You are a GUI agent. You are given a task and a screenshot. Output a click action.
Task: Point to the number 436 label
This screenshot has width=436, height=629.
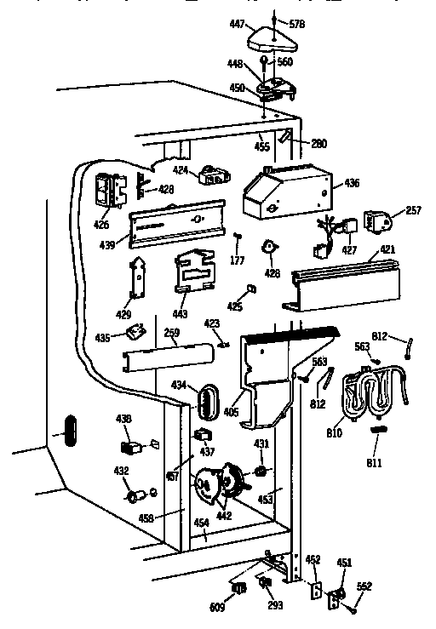[x=352, y=183]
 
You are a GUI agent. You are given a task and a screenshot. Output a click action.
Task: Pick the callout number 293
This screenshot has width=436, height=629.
[x=275, y=605]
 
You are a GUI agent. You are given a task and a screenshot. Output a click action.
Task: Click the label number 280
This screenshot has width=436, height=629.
[x=318, y=144]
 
